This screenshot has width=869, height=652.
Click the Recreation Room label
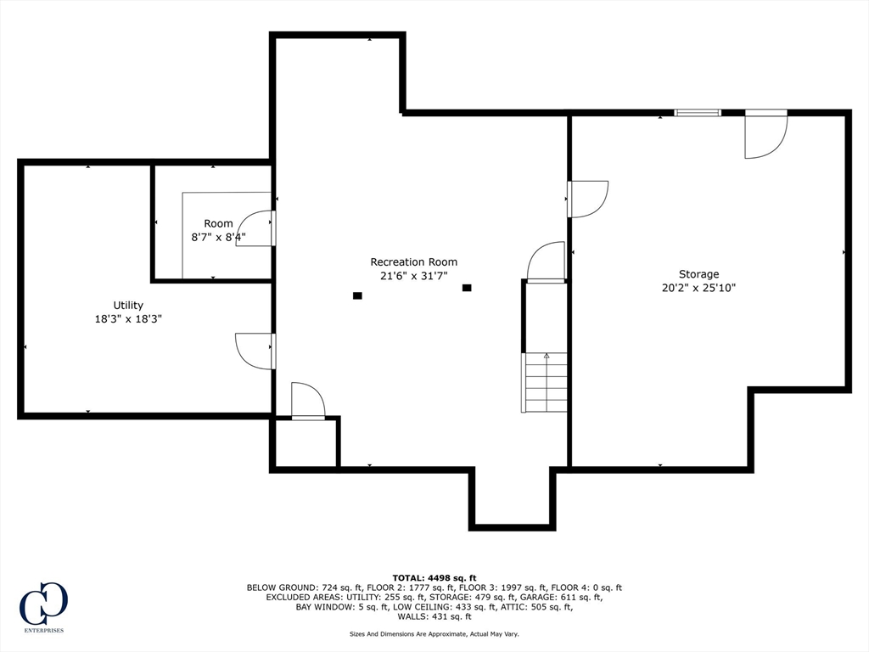click(414, 261)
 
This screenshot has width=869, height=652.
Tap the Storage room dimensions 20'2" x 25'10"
click(699, 288)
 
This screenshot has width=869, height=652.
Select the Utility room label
click(128, 305)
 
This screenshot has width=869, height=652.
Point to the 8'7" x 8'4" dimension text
click(218, 238)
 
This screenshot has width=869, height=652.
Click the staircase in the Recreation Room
click(545, 383)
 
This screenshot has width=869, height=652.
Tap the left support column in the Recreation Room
click(357, 296)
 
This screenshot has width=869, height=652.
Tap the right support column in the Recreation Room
click(468, 288)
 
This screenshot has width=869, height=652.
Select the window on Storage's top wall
click(698, 113)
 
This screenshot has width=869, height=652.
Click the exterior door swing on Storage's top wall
click(766, 134)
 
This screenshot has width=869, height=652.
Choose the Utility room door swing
click(255, 351)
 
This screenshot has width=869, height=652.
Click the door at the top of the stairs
click(546, 262)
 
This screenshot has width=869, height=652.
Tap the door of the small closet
click(308, 401)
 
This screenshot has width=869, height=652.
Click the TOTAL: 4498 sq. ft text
click(434, 577)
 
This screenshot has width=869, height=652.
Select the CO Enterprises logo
click(44, 607)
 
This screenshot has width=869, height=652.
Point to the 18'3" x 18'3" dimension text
click(128, 319)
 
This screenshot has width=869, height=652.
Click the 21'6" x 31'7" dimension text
click(414, 276)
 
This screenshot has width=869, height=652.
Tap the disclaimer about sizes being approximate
click(434, 633)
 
